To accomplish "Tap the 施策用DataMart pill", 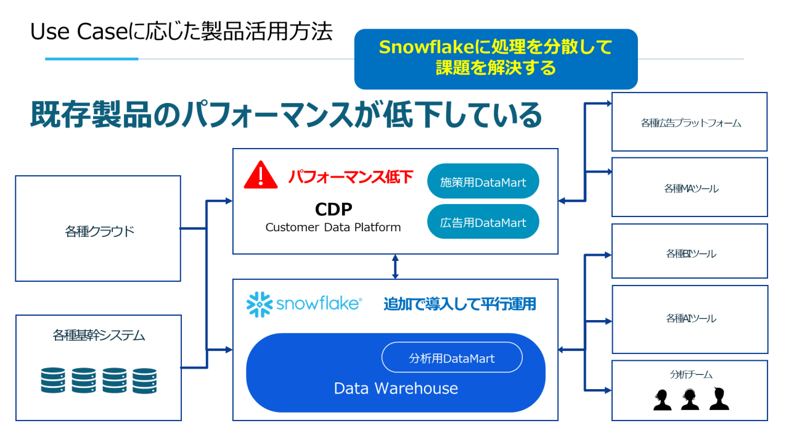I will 483,182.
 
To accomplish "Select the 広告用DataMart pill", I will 483,222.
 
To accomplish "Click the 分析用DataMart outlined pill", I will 452,358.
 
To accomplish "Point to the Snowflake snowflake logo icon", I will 260,304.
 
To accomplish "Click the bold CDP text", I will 333,210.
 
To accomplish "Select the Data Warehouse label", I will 396,388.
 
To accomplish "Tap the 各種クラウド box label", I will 99,232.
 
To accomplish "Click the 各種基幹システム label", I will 99,336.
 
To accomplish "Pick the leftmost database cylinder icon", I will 53,381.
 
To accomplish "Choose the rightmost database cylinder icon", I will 145,381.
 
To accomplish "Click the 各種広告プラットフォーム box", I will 690,123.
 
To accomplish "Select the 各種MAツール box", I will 690,188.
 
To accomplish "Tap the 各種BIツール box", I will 690,253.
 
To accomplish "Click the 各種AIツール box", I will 690,318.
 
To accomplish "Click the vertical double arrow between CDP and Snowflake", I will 395,266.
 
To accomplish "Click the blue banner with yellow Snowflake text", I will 496,58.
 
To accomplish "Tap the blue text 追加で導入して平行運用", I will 459,304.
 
